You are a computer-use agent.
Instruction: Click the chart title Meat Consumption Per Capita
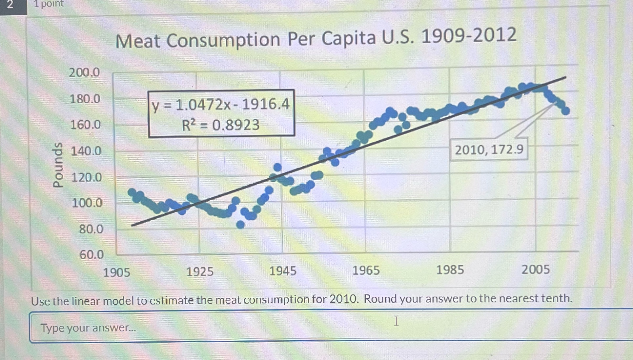[316, 38]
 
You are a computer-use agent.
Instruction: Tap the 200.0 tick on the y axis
[84, 72]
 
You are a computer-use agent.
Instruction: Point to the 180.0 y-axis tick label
[85, 99]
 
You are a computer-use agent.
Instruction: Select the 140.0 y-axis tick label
[86, 151]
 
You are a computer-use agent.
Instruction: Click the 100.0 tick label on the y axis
[87, 203]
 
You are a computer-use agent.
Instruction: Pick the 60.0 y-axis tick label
[92, 255]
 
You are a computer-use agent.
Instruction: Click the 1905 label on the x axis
[116, 272]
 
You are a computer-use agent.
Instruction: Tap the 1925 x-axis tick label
[200, 272]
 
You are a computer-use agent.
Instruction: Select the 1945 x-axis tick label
[283, 271]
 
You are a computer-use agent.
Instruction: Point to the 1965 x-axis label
[366, 270]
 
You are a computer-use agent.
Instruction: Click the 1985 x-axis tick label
[450, 270]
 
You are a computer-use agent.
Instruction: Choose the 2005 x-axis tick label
[536, 270]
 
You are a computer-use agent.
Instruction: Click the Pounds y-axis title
[58, 165]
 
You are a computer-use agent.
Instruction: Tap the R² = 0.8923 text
[221, 125]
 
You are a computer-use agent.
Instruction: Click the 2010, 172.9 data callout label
[489, 150]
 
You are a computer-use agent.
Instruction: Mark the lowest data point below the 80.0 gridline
[240, 225]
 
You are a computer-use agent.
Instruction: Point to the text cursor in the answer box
[396, 321]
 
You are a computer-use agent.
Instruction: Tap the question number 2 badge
[10, 5]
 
